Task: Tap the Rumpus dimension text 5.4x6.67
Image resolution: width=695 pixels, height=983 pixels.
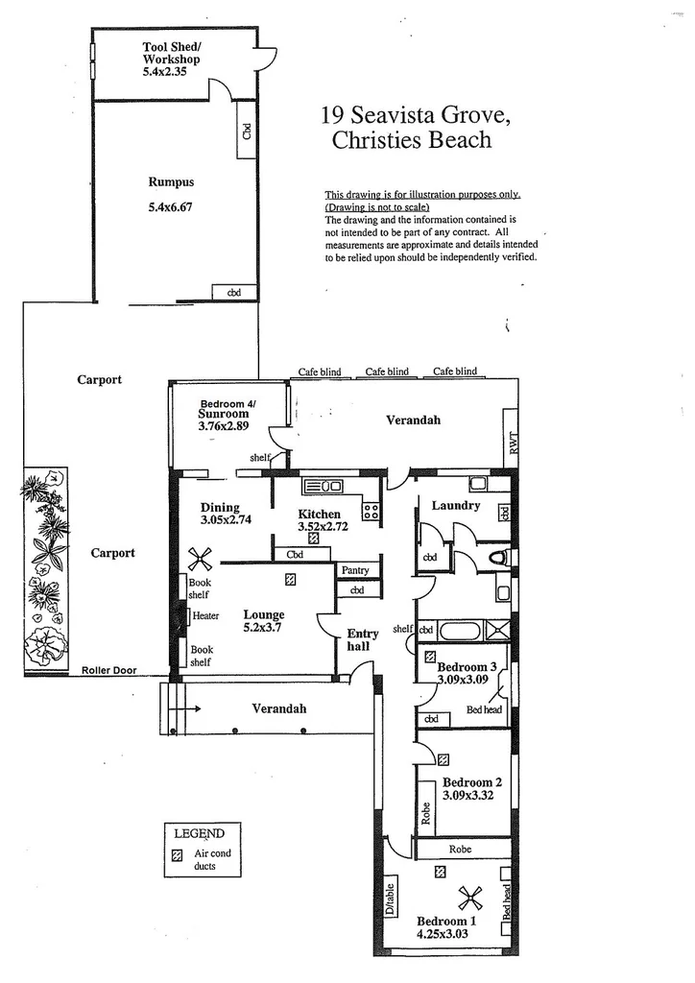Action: click(x=171, y=205)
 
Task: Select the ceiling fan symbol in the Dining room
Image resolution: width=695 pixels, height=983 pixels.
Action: click(x=199, y=560)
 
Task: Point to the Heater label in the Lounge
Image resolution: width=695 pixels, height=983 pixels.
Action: click(x=206, y=616)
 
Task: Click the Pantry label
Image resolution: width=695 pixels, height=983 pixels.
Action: click(x=354, y=570)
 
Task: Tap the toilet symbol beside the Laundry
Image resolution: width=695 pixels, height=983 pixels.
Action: click(x=498, y=557)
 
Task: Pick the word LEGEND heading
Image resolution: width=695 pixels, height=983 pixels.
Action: click(x=198, y=833)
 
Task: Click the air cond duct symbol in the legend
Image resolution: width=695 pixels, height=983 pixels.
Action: click(x=176, y=853)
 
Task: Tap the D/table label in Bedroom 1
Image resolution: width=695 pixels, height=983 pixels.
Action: click(x=390, y=900)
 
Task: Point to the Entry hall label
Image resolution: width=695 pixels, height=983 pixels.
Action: click(x=362, y=639)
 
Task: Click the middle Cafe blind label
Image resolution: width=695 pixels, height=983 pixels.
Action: click(x=386, y=372)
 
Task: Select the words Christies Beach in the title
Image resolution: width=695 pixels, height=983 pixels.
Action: click(x=411, y=140)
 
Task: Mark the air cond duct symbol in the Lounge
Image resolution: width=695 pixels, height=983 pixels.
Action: click(x=290, y=579)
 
